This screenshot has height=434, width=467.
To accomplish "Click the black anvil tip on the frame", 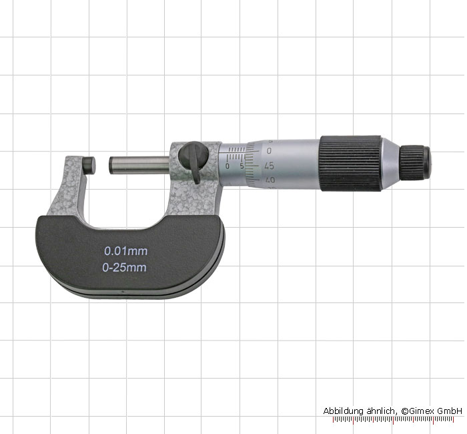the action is click(89, 166).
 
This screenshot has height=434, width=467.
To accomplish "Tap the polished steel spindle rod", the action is click(139, 165).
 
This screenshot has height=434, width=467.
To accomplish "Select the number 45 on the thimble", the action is click(270, 166).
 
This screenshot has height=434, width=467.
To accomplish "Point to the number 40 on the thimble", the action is click(270, 180).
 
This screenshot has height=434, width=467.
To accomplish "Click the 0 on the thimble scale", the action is click(269, 150).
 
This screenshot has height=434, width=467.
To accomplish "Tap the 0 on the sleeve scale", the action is click(227, 166).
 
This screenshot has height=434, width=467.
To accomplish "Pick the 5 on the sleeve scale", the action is click(242, 166).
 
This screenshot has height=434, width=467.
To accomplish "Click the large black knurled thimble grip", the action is click(350, 164).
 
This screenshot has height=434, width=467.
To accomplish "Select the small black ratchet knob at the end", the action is click(415, 163).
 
